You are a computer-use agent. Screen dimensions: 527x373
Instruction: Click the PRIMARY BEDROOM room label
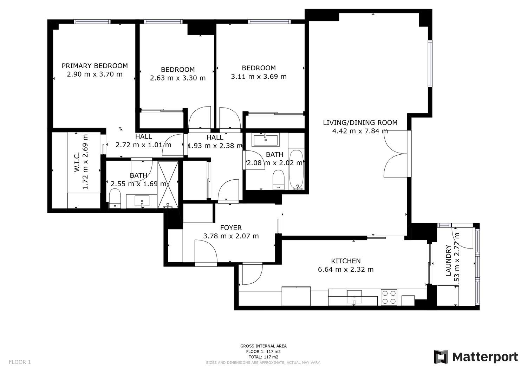pyautogui.click(x=95, y=66)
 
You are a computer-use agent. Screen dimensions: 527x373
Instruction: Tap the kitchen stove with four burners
pyautogui.click(x=389, y=297)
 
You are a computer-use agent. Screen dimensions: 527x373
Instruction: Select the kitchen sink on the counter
pyautogui.click(x=354, y=297)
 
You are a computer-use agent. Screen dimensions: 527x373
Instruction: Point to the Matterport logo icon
pyautogui.click(x=441, y=357)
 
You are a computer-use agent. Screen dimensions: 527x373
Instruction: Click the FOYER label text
pyautogui.click(x=231, y=228)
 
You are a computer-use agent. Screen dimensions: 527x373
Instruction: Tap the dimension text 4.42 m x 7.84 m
pyautogui.click(x=360, y=131)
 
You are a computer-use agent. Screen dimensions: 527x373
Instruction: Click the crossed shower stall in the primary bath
pyautogui.click(x=168, y=185)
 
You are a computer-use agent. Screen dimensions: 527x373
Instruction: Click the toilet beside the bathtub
pyautogui.click(x=279, y=180)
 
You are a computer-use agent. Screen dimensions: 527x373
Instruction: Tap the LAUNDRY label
pyautogui.click(x=448, y=261)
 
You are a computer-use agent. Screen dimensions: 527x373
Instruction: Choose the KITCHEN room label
pyautogui.click(x=346, y=261)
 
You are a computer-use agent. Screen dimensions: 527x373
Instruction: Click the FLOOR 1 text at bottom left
pyautogui.click(x=20, y=362)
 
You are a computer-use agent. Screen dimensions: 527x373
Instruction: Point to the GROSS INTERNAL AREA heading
pyautogui.click(x=263, y=346)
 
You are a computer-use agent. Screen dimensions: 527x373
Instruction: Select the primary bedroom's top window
pyautogui.click(x=92, y=22)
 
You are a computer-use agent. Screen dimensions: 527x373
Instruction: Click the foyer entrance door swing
pyautogui.click(x=206, y=252)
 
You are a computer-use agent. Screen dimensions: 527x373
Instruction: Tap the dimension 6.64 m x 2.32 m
pyautogui.click(x=346, y=269)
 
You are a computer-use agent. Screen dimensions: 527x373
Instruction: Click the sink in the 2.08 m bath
pyautogui.click(x=265, y=140)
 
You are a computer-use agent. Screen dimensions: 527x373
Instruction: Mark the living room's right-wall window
pyautogui.click(x=430, y=64)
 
